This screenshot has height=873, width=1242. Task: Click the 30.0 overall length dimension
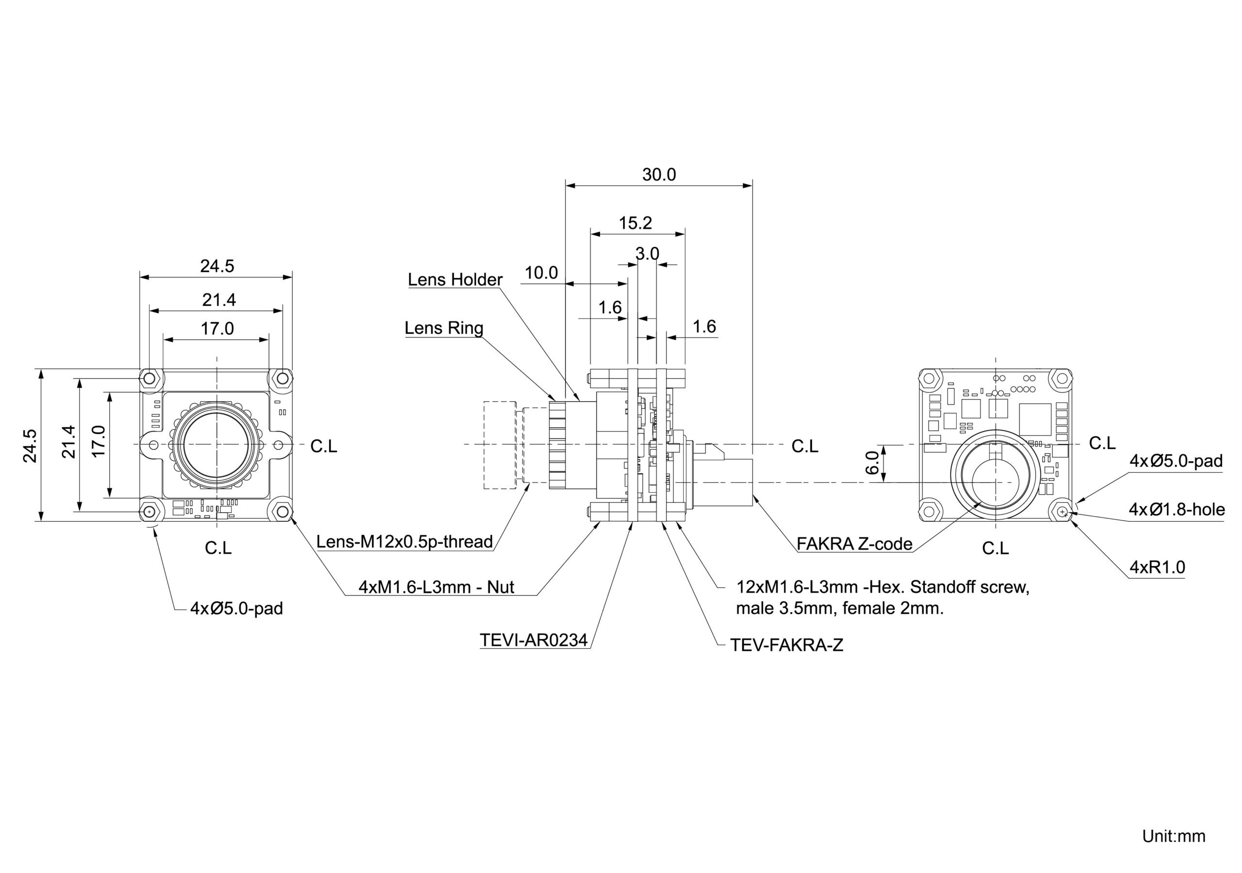click(x=659, y=175)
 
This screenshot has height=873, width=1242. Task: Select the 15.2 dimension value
click(x=635, y=223)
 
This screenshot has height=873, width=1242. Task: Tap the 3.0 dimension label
click(x=647, y=253)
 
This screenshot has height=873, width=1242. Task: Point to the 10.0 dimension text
click(x=541, y=273)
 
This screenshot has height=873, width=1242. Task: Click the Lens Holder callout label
click(x=455, y=280)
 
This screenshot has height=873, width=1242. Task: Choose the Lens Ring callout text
click(x=443, y=328)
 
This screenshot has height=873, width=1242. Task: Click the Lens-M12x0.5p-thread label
click(x=405, y=541)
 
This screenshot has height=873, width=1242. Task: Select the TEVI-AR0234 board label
click(x=533, y=640)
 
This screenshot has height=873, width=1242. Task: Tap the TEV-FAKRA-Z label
click(x=786, y=645)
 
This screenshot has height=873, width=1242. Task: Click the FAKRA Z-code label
click(x=854, y=544)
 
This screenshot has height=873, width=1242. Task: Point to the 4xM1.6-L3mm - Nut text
click(x=436, y=587)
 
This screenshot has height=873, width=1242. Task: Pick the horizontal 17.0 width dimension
click(x=217, y=328)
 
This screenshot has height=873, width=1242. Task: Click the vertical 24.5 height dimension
click(x=30, y=446)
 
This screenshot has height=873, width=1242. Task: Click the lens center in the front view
click(x=216, y=445)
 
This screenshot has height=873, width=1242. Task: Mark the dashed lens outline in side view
click(x=499, y=445)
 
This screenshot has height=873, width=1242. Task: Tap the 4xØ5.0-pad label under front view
click(x=236, y=609)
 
